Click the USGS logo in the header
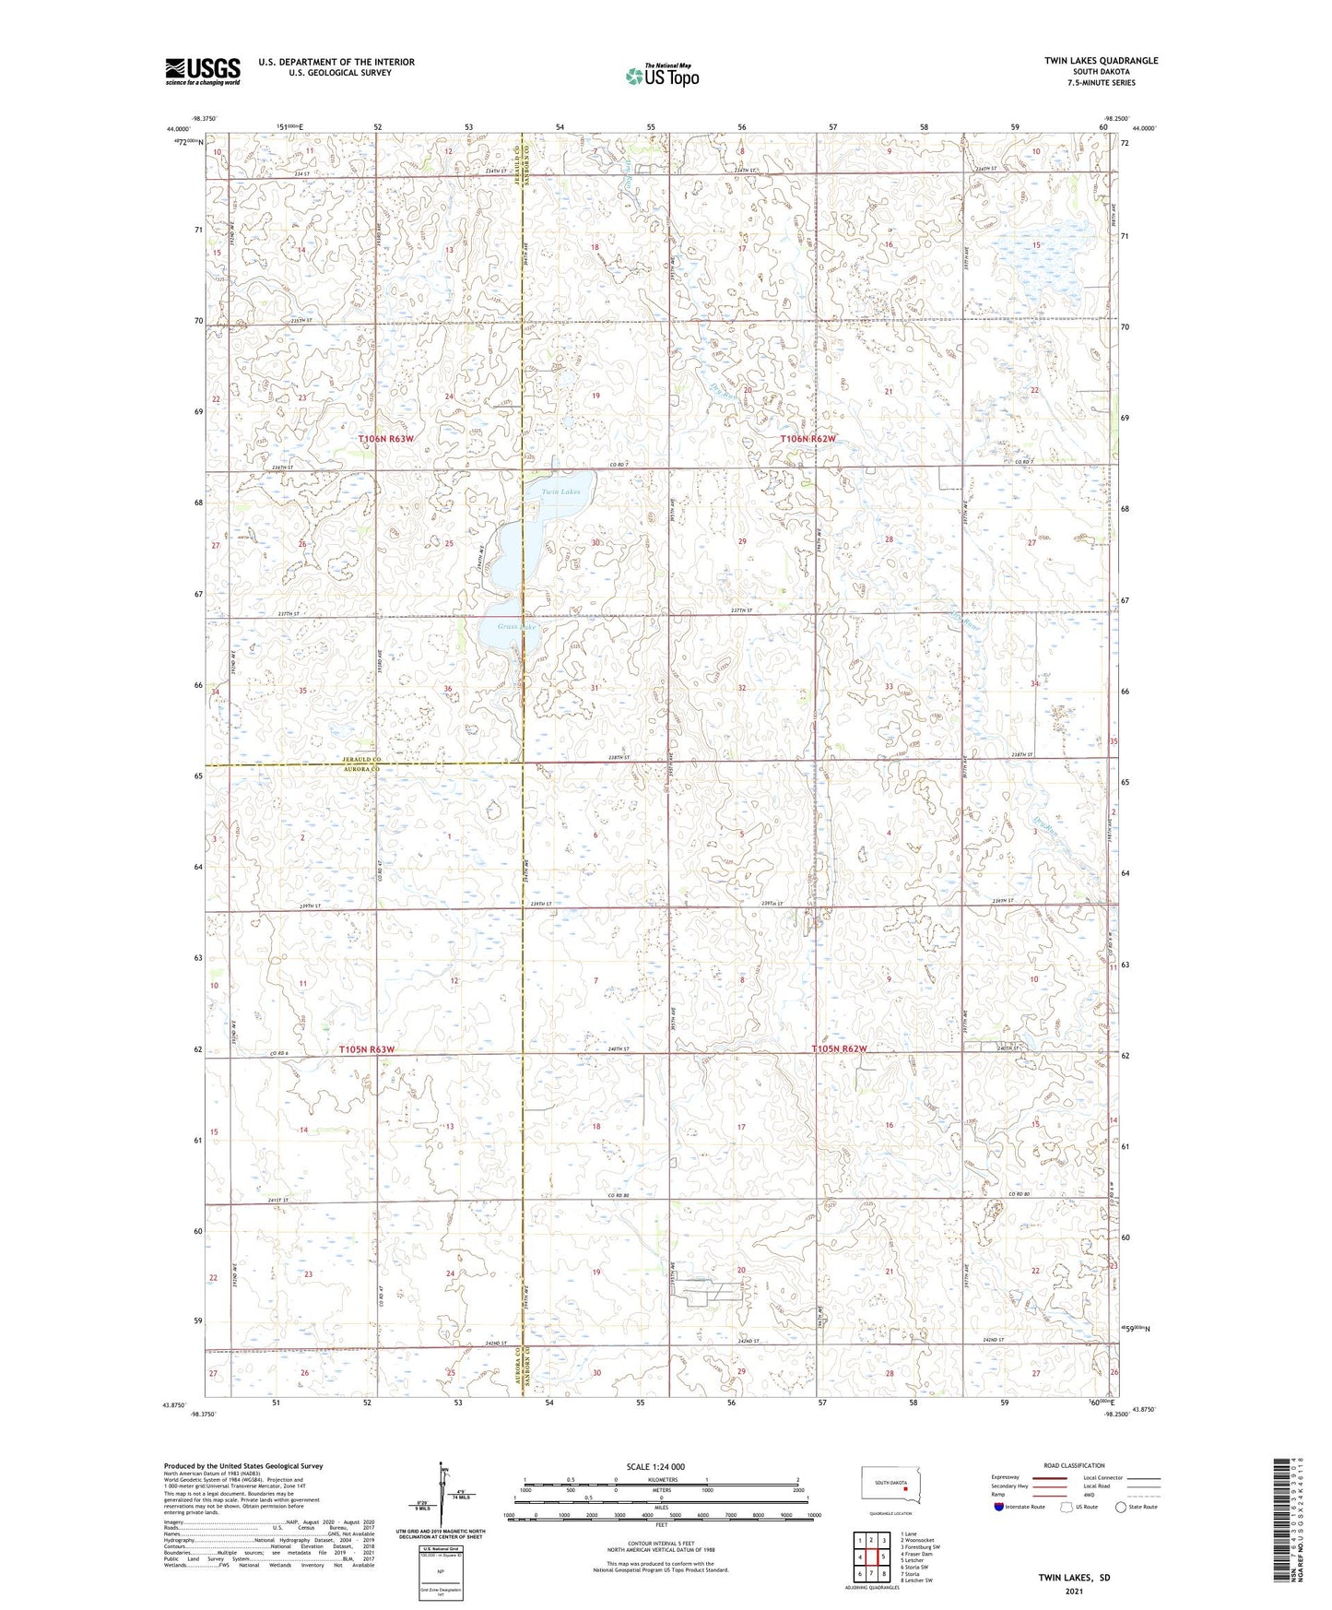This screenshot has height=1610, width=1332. pos(203,70)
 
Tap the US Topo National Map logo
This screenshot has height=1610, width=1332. pos(661,76)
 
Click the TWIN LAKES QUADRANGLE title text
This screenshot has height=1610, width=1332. pos(1101,61)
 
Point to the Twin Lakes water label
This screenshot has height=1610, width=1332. pos(560,492)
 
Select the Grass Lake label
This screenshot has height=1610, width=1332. pos(516,627)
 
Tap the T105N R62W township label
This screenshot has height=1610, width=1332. pos(839,1049)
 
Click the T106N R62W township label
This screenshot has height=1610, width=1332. pos(807,439)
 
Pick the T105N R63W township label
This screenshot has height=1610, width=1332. pos(366,1049)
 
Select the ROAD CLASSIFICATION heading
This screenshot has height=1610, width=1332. pos(1074,1465)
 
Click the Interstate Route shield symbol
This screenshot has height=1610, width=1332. pos(999,1507)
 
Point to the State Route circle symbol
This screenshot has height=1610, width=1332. pos(1121,1507)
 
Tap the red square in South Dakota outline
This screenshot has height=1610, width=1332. pos(906,1486)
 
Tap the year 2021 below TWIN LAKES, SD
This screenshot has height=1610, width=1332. pos(1074,1592)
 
